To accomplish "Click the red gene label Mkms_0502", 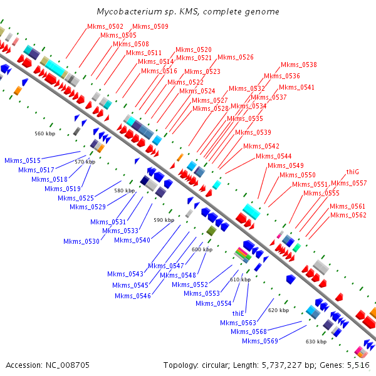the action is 105,26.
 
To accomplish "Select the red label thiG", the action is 352,172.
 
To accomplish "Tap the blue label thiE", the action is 238,313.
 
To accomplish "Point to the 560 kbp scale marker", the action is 45,133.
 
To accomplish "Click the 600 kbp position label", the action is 202,249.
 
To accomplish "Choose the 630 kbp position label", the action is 316,342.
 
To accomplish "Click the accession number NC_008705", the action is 68,365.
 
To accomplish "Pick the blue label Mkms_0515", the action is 23,160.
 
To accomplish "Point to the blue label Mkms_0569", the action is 260,341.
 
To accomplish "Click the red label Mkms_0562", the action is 348,215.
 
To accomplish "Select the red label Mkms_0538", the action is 299,65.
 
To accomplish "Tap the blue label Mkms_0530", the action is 81,241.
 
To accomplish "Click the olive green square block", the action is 211,231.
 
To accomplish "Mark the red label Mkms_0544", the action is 274,156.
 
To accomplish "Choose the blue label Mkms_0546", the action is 133,296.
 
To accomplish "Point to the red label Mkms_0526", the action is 236,57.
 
